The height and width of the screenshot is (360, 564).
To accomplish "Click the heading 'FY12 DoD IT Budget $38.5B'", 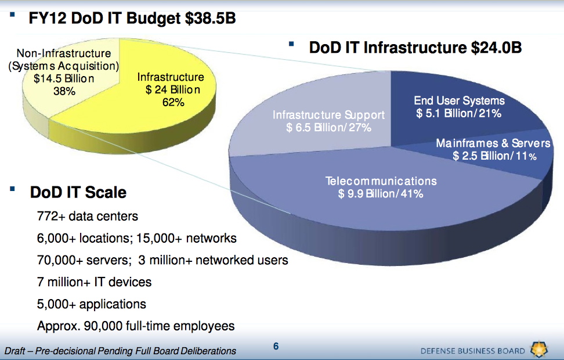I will pyautogui.click(x=132, y=19).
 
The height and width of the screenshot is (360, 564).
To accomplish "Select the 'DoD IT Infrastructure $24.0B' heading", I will pyautogui.click(x=415, y=48).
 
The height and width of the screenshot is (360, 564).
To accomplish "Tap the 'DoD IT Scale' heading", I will pyautogui.click(x=78, y=192).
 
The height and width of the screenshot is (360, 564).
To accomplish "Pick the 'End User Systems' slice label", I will pyautogui.click(x=459, y=101).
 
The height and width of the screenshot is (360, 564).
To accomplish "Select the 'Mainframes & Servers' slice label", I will pyautogui.click(x=493, y=143).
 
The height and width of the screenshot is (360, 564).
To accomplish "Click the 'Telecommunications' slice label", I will pyautogui.click(x=381, y=181).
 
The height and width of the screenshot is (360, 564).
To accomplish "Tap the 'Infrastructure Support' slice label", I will pyautogui.click(x=328, y=115).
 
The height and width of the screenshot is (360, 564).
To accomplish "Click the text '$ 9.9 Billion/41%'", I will pyautogui.click(x=381, y=193).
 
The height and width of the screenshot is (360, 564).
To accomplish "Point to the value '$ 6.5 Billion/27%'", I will pyautogui.click(x=328, y=127).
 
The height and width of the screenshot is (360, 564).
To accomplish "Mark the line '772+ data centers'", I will pyautogui.click(x=88, y=217).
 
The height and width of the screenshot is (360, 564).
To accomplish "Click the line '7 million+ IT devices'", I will pyautogui.click(x=94, y=282).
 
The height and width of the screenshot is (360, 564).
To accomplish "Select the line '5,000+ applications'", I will pyautogui.click(x=92, y=304).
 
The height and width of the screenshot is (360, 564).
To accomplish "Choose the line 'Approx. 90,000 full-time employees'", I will pyautogui.click(x=136, y=326).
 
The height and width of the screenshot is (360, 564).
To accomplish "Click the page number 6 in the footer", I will pyautogui.click(x=276, y=347).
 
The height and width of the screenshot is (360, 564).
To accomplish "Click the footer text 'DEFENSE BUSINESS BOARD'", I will pyautogui.click(x=473, y=351).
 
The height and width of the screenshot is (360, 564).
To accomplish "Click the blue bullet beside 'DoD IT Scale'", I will pyautogui.click(x=12, y=189).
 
